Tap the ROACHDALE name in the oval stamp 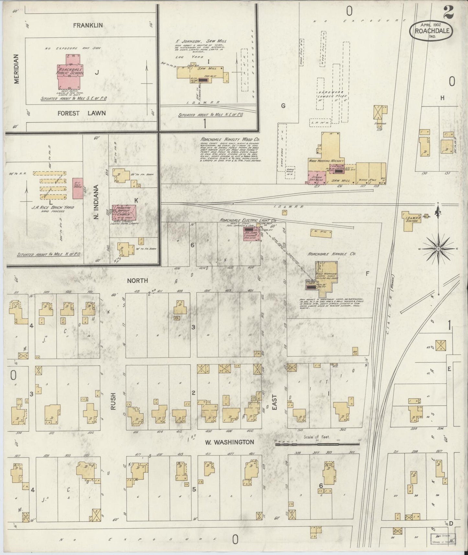432,32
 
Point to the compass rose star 438,249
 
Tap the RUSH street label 113,402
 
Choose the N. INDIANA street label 96,202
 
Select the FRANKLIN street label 87,25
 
